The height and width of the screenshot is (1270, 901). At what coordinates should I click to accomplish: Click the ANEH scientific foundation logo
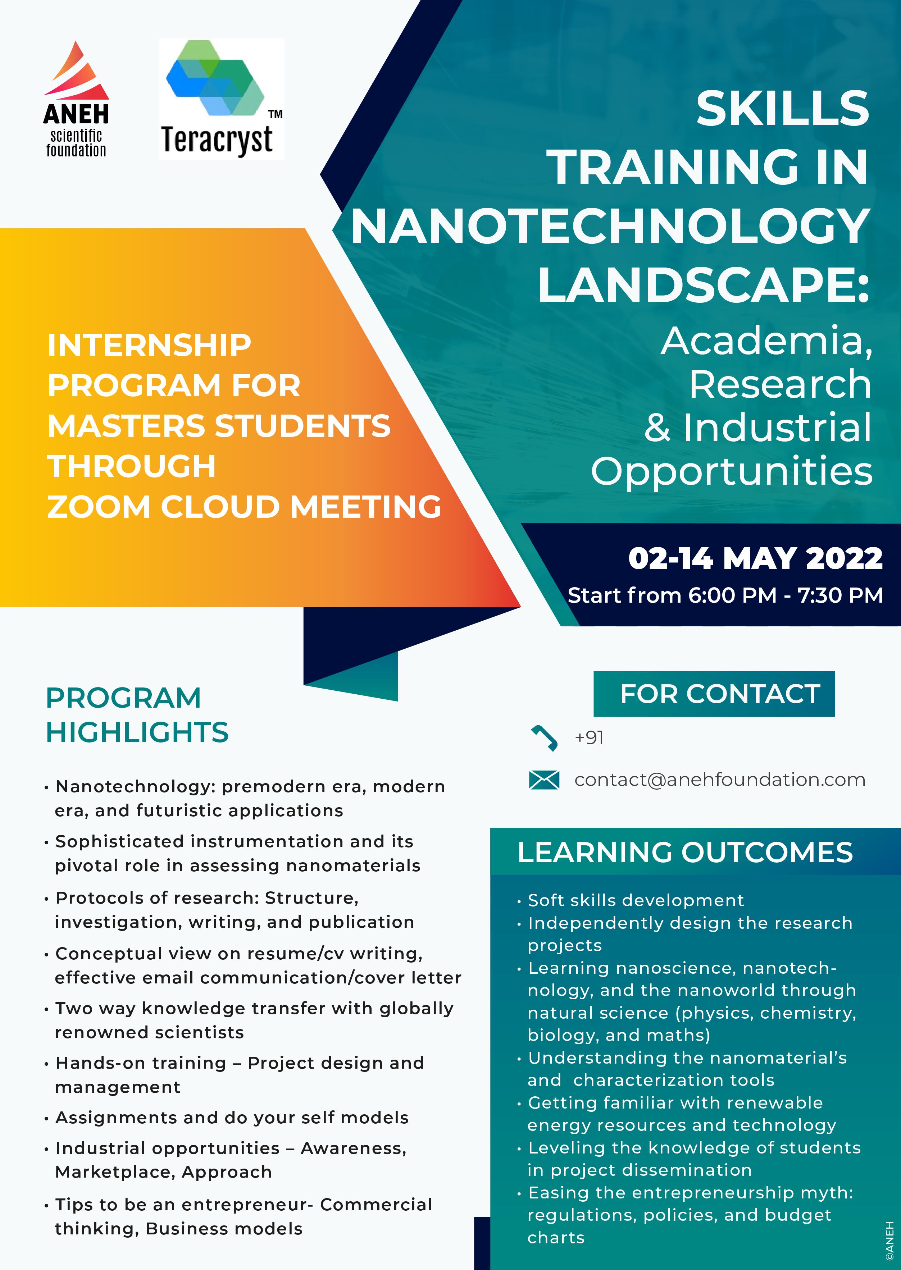(x=76, y=100)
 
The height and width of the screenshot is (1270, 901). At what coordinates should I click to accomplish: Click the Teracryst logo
(x=221, y=99)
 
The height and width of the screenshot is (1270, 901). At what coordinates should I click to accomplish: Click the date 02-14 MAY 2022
(x=755, y=558)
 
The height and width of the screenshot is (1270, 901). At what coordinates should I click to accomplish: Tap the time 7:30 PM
(x=840, y=595)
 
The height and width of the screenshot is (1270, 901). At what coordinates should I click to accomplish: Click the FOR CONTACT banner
(x=714, y=694)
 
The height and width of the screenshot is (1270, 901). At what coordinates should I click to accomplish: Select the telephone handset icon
(x=544, y=737)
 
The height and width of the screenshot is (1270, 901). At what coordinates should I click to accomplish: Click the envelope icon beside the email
(x=544, y=780)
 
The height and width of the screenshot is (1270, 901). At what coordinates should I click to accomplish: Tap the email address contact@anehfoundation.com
(x=720, y=780)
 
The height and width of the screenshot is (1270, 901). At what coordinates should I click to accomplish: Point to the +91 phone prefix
(x=589, y=737)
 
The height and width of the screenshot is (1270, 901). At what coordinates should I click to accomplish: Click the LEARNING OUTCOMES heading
(x=684, y=853)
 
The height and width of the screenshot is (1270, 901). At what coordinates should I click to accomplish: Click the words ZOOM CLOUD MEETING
(x=244, y=507)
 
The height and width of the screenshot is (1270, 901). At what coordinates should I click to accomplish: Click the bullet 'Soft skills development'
(x=635, y=900)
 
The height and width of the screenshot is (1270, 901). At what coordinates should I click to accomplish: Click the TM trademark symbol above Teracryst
(x=275, y=114)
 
